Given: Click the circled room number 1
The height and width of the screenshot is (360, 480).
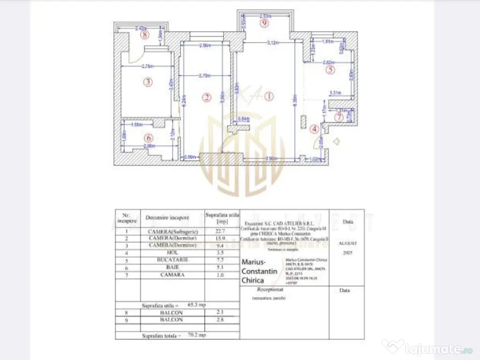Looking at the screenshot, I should pos(269,97).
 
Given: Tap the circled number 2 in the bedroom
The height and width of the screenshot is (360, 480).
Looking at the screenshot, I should pos(206,97).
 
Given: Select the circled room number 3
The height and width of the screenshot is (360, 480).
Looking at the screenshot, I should pos(148,82).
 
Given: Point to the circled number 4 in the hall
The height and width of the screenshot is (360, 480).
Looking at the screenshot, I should pos(315,128).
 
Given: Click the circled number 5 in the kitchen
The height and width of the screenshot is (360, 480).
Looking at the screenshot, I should pos(330,70).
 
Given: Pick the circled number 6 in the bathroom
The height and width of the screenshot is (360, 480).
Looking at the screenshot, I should pos(148,138).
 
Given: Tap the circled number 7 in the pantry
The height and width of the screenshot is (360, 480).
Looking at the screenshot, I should pos(339,117).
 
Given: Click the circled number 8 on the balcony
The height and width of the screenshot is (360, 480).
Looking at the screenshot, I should pos(146,34).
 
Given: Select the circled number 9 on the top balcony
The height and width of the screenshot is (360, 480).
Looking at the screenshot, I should pos(265,22).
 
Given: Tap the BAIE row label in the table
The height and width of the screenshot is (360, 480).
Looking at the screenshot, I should pos(173,267).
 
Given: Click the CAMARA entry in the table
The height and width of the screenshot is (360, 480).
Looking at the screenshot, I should pos(173,275).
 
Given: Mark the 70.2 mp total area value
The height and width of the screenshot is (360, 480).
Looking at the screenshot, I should pos(197,335).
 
